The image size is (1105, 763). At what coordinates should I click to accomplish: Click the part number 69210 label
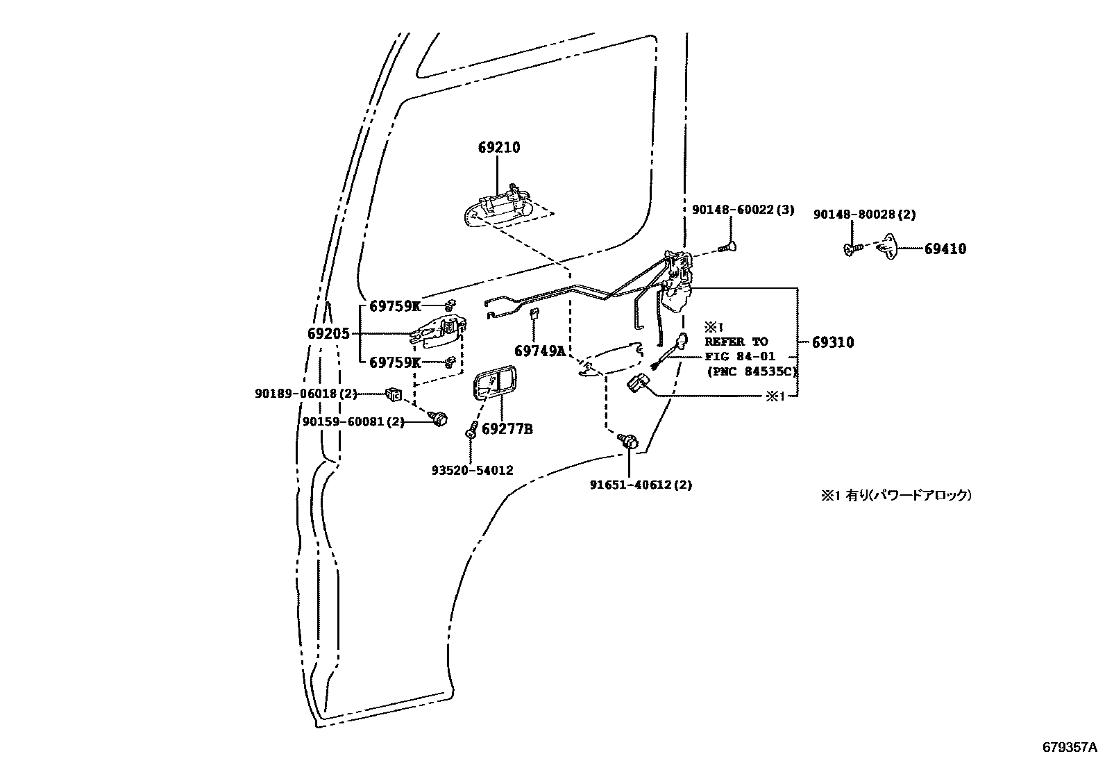pos(499,147)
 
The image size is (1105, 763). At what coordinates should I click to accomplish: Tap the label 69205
pos(328,333)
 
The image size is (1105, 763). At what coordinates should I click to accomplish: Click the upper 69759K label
pos(395,306)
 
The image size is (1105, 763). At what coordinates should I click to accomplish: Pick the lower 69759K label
pos(395,362)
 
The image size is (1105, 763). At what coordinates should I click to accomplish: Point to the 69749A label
pos(540,351)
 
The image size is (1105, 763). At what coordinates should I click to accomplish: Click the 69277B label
pos(507,429)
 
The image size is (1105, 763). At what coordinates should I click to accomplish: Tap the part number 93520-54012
pos(473,470)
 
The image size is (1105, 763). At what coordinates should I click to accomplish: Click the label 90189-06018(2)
pos(306,394)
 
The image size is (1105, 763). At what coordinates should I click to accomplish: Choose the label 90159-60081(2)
pos(354,421)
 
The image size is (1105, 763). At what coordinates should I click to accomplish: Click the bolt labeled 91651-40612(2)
pos(629,440)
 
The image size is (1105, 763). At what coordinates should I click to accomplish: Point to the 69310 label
pos(833,342)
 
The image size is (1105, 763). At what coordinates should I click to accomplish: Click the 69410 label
pos(945,249)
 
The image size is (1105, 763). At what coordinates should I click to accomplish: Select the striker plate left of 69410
pos(886,248)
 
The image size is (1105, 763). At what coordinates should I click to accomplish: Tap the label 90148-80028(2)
pos(864,215)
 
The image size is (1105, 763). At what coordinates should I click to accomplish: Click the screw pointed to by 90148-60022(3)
pos(729,246)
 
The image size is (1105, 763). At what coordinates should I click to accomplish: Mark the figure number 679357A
pos(1070,748)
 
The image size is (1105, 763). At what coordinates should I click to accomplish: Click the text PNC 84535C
pos(752,371)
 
